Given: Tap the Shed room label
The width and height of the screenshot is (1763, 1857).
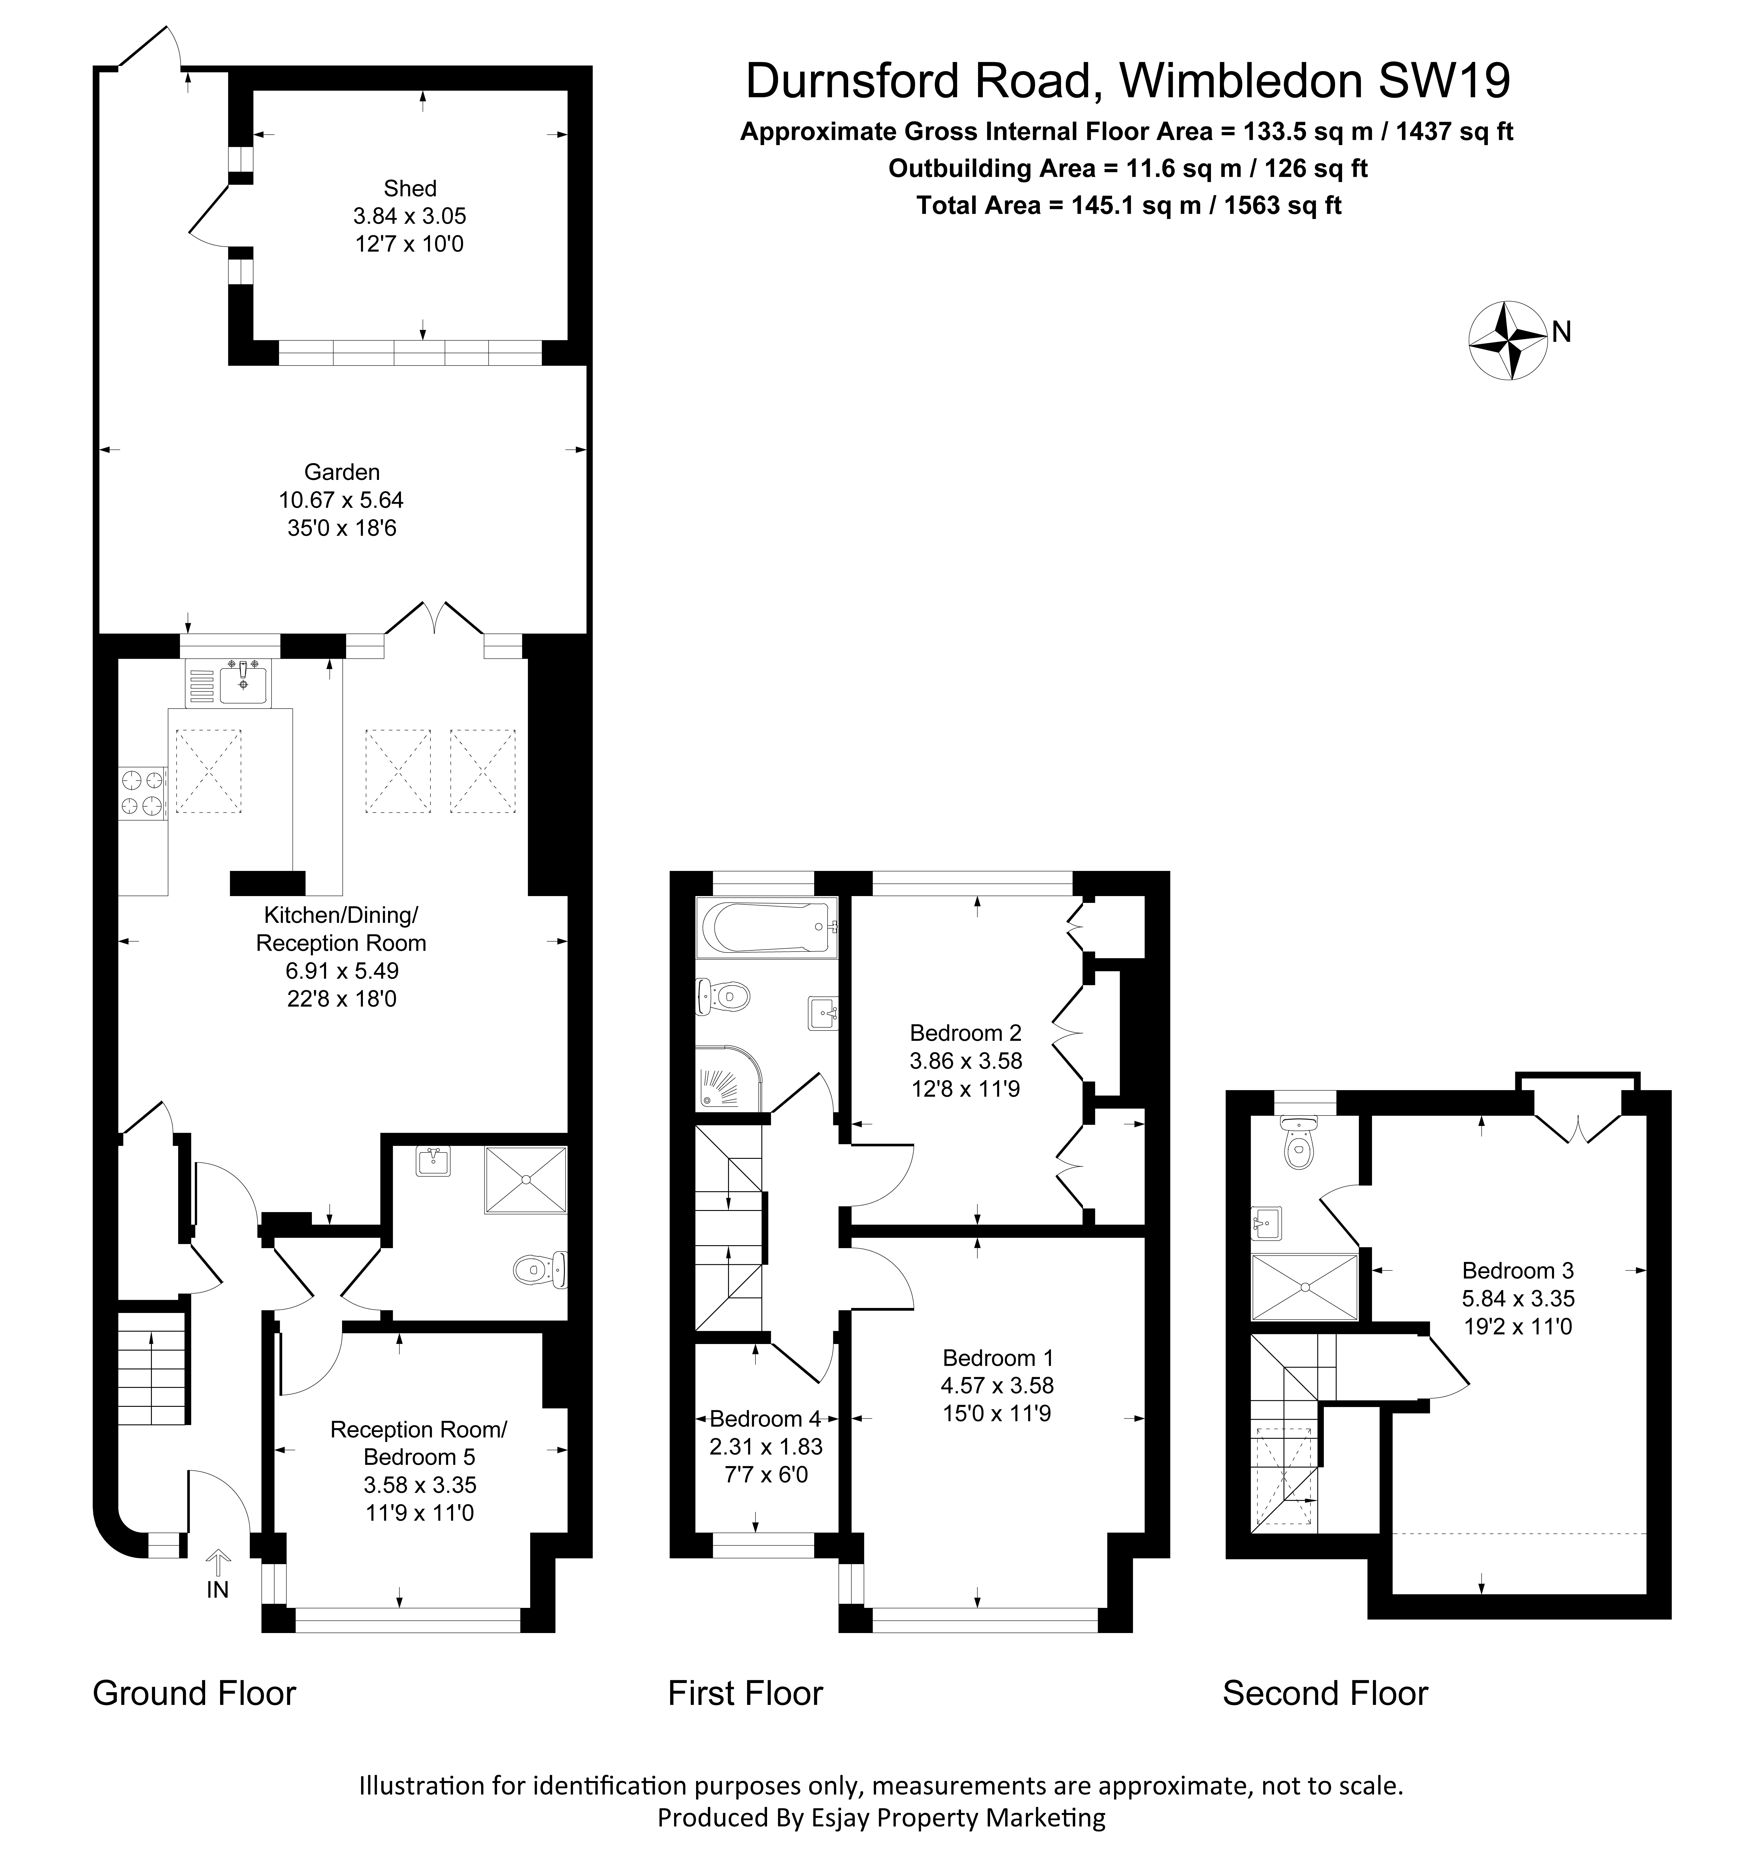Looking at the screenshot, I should [x=410, y=188].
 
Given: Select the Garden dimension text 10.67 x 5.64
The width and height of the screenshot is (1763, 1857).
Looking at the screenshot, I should [x=341, y=500].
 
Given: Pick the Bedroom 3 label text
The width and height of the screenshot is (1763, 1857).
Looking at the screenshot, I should [x=1517, y=1271].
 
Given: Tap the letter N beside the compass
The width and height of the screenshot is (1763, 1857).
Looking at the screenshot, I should [x=1561, y=332].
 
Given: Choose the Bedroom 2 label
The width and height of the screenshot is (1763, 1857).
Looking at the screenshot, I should [x=965, y=1033].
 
